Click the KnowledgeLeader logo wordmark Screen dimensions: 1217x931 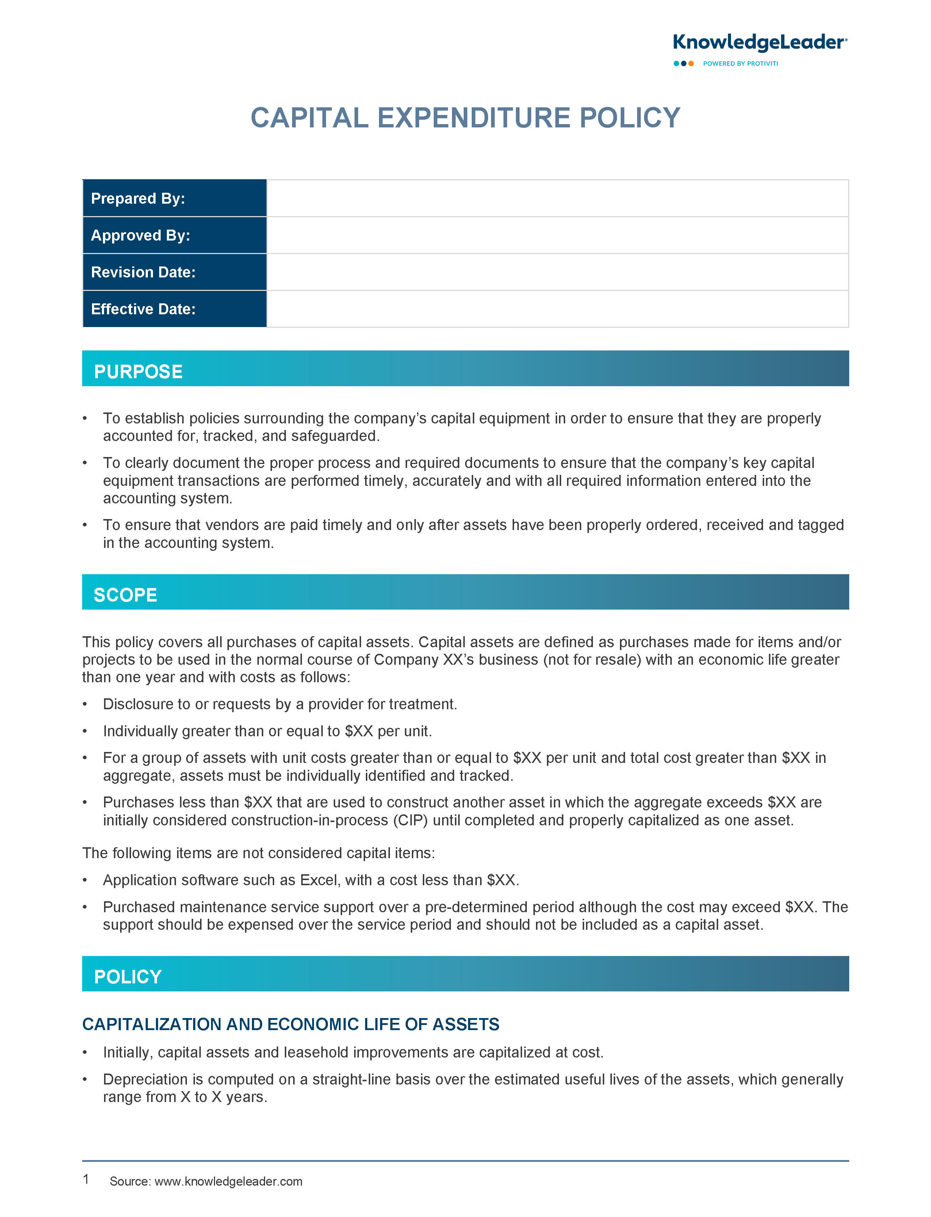pyautogui.click(x=759, y=43)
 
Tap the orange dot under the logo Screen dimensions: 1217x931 pyautogui.click(x=691, y=64)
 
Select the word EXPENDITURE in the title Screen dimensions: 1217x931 pyautogui.click(x=474, y=118)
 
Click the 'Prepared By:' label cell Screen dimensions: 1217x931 pyautogui.click(x=175, y=198)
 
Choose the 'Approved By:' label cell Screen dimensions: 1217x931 pyautogui.click(x=175, y=235)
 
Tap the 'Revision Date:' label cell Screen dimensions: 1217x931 pyautogui.click(x=175, y=272)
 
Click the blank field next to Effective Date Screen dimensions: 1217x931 pyautogui.click(x=557, y=309)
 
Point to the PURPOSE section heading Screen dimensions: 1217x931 pyautogui.click(x=138, y=372)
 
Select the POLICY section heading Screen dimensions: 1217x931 pyautogui.click(x=128, y=976)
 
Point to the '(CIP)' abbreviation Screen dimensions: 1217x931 pyautogui.click(x=410, y=820)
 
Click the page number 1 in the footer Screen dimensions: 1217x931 pyautogui.click(x=86, y=1179)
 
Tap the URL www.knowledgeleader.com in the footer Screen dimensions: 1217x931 pyautogui.click(x=228, y=1182)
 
